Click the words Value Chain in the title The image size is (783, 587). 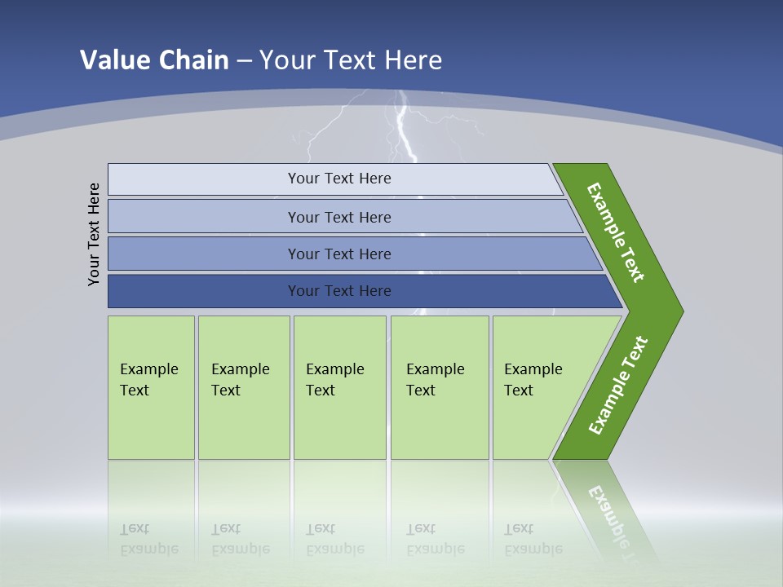point(154,60)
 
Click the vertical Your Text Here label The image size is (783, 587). point(95,234)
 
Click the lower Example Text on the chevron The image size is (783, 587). point(618,385)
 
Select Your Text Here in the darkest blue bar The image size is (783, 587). point(339,291)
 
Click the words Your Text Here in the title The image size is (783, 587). point(351,60)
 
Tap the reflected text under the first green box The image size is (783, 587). point(149,539)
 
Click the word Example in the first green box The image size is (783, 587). point(149,369)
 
